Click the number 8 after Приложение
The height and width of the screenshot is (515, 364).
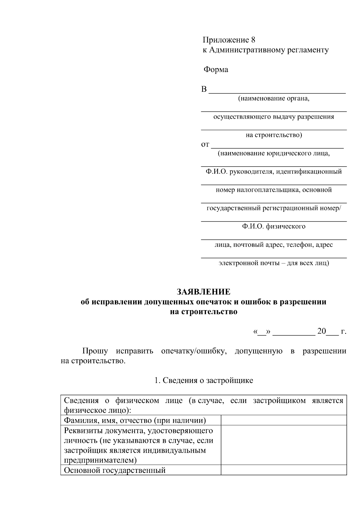click(x=253, y=40)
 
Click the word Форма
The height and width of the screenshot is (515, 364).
click(x=216, y=70)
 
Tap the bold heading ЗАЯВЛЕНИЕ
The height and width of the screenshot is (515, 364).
click(x=204, y=292)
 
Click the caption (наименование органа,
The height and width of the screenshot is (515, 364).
click(x=274, y=99)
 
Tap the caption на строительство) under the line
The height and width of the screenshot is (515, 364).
click(x=274, y=135)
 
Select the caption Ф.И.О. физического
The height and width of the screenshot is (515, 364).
click(x=274, y=226)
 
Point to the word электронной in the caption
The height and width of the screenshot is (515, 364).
click(x=238, y=263)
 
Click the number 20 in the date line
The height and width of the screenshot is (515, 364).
click(x=321, y=331)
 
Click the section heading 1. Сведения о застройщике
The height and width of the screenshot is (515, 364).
click(x=204, y=381)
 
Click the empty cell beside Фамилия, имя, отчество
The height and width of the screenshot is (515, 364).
click(x=284, y=420)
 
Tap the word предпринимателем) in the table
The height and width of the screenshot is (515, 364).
click(x=100, y=460)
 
